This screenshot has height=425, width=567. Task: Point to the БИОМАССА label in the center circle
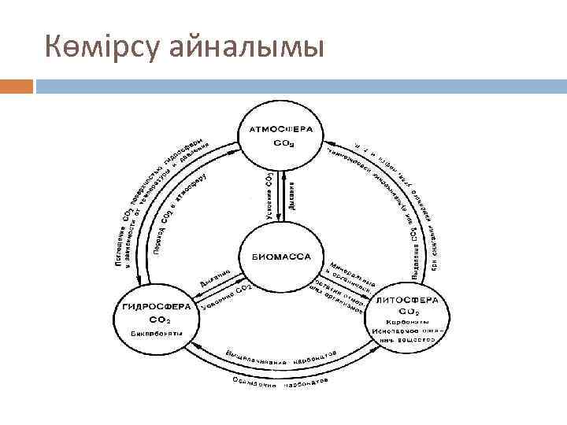[x=282, y=257]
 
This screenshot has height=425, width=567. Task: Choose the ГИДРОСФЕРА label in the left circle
[x=156, y=306]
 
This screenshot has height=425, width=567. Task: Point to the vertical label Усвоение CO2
[x=268, y=194]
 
